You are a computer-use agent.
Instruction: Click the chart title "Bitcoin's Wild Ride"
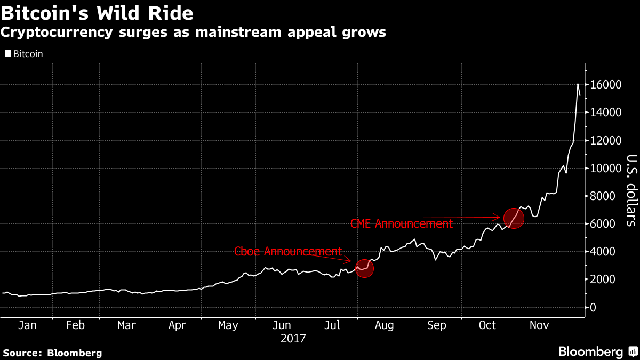97,12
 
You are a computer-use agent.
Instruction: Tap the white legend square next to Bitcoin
7,53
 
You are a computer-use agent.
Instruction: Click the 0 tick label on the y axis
592,307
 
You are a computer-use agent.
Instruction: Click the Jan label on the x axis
27,325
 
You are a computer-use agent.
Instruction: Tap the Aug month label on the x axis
385,325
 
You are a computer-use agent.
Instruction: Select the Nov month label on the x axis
539,325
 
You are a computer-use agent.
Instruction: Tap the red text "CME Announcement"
401,223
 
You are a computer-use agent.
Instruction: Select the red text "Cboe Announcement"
288,251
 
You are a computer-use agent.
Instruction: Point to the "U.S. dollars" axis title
631,190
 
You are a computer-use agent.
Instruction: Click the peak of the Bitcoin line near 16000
578,84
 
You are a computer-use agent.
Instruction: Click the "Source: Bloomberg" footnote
52,353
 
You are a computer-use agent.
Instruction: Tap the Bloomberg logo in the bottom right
596,351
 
